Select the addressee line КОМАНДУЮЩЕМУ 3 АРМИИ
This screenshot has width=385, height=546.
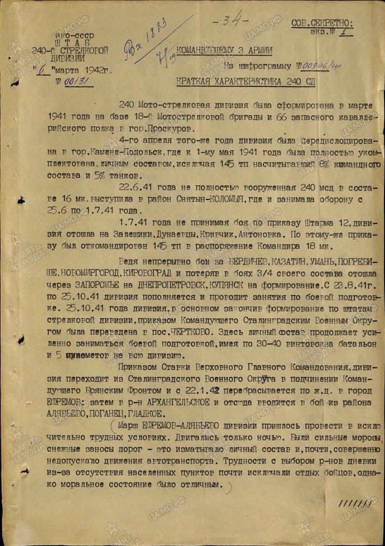pos(224,51)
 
